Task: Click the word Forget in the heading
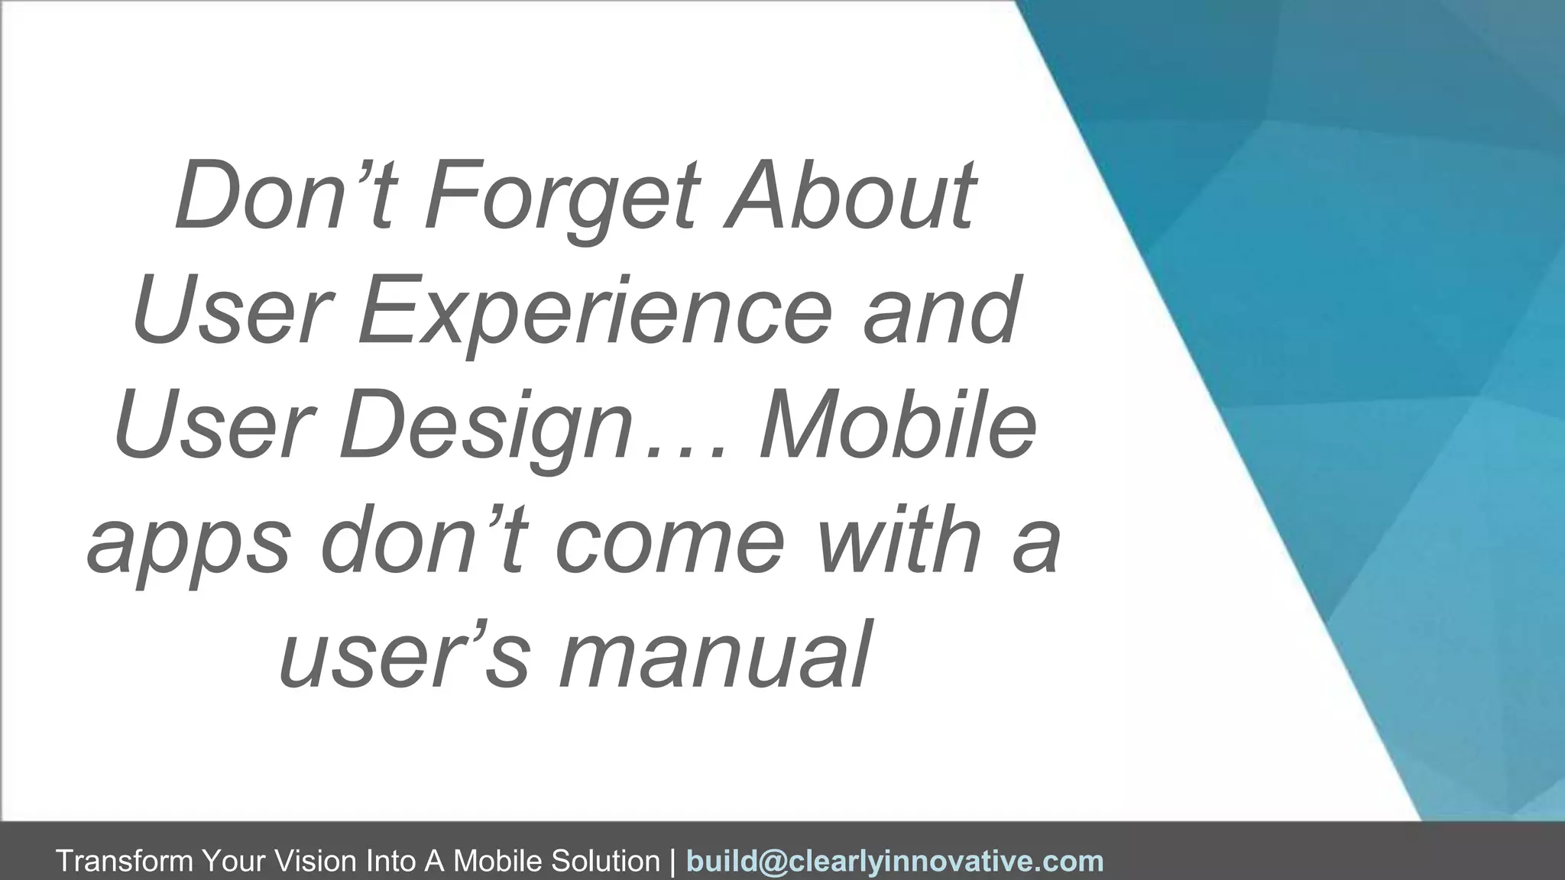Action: (x=562, y=196)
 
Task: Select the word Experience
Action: (x=593, y=312)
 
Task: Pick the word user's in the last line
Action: (x=404, y=655)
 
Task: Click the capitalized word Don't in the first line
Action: (x=284, y=196)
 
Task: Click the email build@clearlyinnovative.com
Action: (x=895, y=861)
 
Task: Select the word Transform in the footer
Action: (x=125, y=861)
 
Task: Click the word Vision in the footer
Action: (x=316, y=861)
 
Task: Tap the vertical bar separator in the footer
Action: (x=672, y=861)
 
